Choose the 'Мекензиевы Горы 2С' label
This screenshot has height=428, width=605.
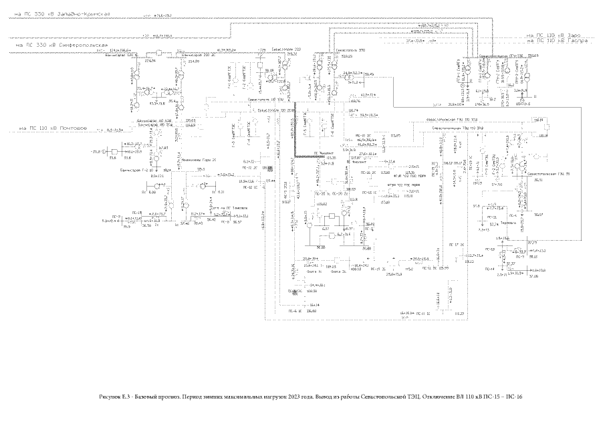(x=198, y=160)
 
